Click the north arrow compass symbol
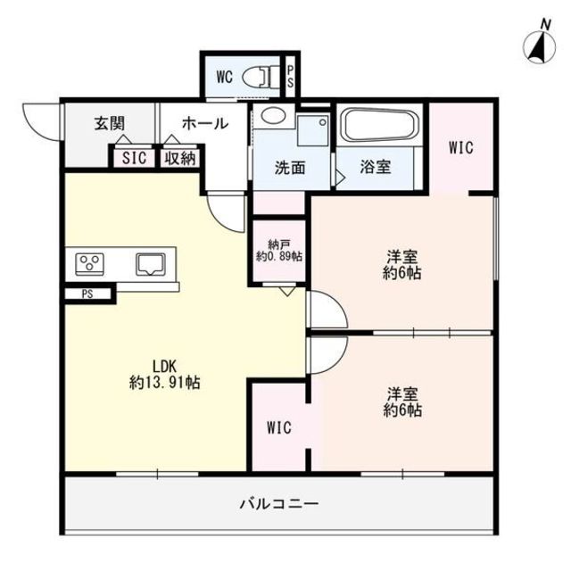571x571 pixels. (x=538, y=44)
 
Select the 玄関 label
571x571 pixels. (x=110, y=125)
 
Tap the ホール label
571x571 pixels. (x=205, y=124)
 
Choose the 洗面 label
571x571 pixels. (x=291, y=167)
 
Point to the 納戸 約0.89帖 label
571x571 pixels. (x=278, y=250)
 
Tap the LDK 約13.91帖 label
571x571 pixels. (x=163, y=374)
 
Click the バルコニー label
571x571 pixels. (x=278, y=503)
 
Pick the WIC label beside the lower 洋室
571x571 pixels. (x=279, y=427)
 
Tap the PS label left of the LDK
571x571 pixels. (x=87, y=294)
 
